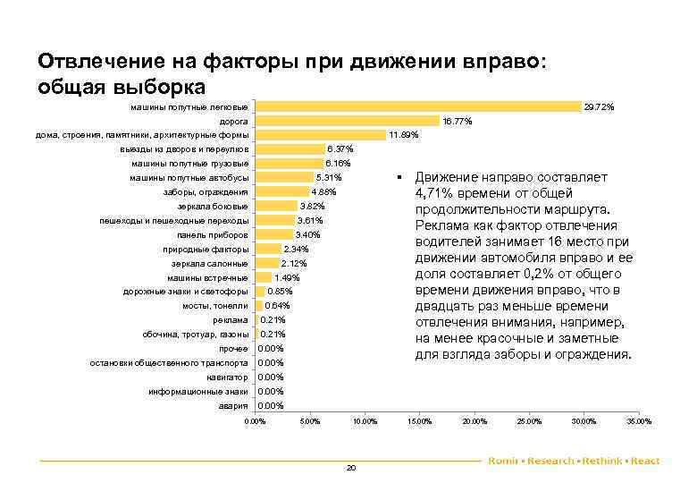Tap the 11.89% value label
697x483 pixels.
pyautogui.click(x=403, y=135)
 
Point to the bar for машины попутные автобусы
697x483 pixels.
pyautogui.click(x=284, y=178)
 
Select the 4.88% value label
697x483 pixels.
pyautogui.click(x=323, y=192)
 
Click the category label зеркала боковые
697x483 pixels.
pyautogui.click(x=213, y=207)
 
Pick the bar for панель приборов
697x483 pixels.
pyautogui.click(x=273, y=235)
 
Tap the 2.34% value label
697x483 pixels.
pyautogui.click(x=295, y=250)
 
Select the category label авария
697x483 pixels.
pyautogui.click(x=233, y=406)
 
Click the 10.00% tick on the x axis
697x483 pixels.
pyautogui.click(x=365, y=421)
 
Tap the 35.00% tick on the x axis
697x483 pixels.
pyautogui.click(x=639, y=421)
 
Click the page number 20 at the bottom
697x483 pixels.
pyautogui.click(x=350, y=468)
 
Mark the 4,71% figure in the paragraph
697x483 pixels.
pyautogui.click(x=436, y=193)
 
